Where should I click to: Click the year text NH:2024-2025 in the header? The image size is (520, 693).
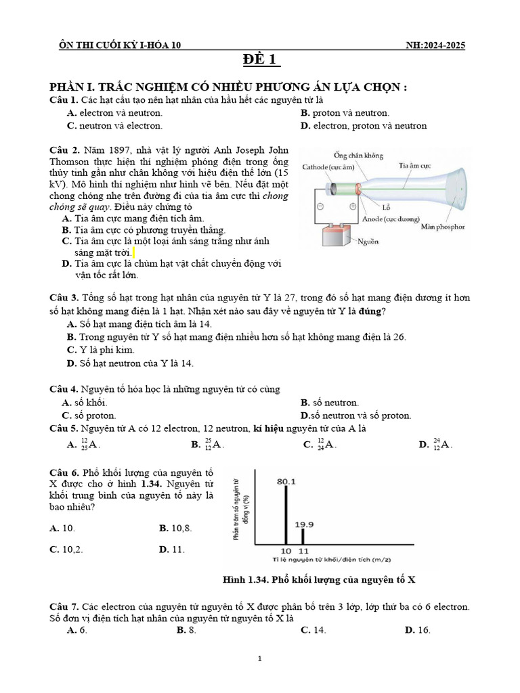[433, 45]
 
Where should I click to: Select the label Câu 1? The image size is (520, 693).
[64, 100]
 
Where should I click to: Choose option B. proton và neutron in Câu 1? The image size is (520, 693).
[345, 113]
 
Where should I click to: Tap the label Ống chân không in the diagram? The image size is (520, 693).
[359, 155]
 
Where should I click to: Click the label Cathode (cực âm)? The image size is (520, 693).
[330, 166]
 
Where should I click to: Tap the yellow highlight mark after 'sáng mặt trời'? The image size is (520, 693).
[134, 252]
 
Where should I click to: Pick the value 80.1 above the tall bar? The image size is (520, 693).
[286, 481]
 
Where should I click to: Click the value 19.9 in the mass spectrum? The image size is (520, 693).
[304, 524]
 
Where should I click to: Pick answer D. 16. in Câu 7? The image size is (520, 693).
[417, 630]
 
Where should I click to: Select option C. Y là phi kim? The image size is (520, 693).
[101, 350]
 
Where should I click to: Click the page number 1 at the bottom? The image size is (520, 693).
[260, 658]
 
